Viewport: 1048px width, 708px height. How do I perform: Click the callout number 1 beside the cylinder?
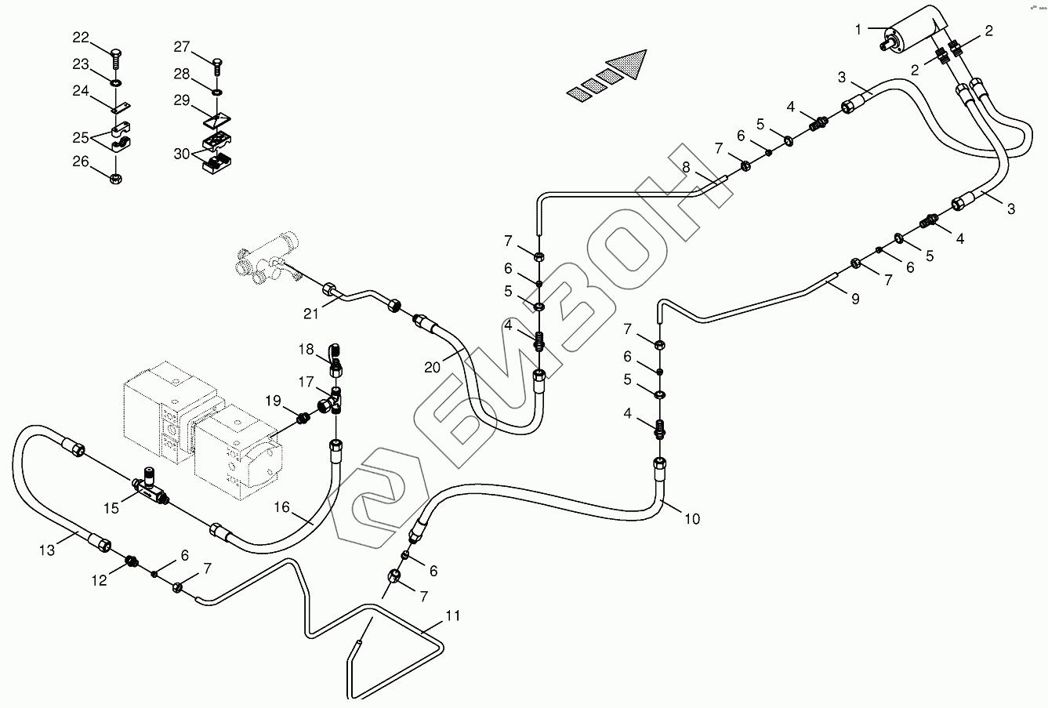(x=858, y=30)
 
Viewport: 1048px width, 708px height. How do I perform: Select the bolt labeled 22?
(x=117, y=59)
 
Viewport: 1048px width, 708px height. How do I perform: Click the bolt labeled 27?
(x=217, y=67)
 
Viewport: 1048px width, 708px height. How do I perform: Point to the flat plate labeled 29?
(x=217, y=120)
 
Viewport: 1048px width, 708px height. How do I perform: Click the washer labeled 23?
(x=116, y=83)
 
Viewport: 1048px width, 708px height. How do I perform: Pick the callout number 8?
(x=686, y=167)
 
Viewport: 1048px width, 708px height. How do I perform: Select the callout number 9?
(x=855, y=299)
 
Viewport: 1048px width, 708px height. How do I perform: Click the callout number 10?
(x=692, y=519)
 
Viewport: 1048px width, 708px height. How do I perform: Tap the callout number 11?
(x=453, y=615)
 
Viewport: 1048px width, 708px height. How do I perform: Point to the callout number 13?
(x=47, y=550)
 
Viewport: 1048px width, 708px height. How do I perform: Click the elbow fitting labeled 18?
(x=335, y=360)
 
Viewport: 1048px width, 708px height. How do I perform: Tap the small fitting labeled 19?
(x=303, y=418)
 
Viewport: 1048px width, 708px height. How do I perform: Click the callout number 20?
(x=433, y=368)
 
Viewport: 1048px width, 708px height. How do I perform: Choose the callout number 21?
(x=310, y=314)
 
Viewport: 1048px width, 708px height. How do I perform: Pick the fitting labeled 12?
(x=131, y=561)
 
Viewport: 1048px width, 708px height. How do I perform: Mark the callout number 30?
(x=182, y=154)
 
